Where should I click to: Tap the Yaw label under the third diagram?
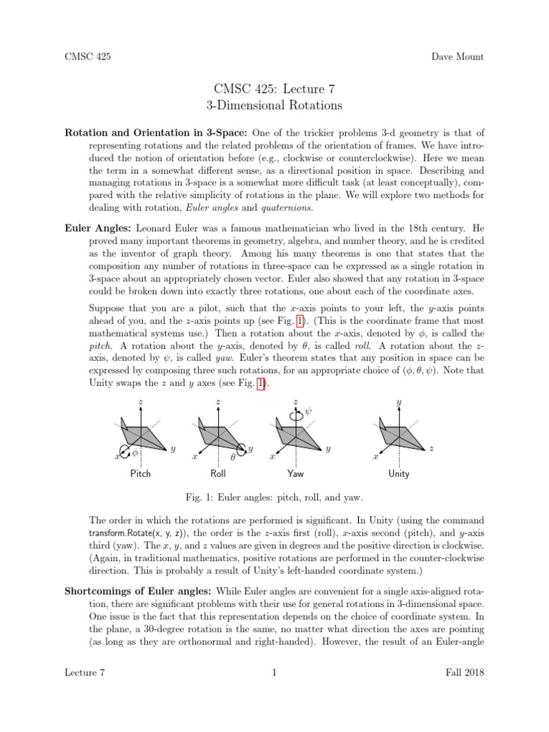295,474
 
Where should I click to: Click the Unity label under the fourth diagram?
399,474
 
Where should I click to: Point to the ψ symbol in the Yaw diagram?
309,412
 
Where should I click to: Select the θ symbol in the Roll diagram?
232,457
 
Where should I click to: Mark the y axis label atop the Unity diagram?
398,402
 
